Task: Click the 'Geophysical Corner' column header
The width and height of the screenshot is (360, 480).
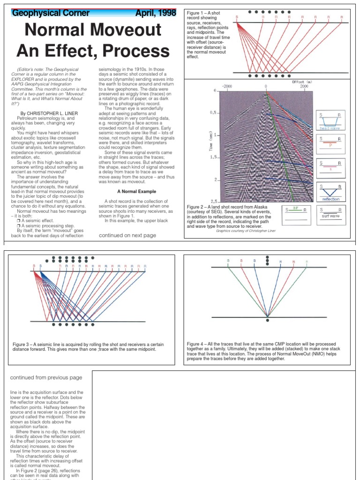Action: click(x=51, y=13)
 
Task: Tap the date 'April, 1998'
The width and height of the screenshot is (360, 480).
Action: click(x=156, y=13)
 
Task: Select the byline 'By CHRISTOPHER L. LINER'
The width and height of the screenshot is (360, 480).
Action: click(x=49, y=113)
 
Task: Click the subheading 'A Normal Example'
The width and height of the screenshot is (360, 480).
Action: click(x=136, y=191)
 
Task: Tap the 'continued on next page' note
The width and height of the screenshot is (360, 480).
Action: click(x=127, y=235)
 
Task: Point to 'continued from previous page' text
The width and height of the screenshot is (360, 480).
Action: click(x=46, y=377)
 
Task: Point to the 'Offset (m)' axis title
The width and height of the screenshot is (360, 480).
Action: click(x=302, y=82)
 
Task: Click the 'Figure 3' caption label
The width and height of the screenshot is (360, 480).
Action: click(x=22, y=345)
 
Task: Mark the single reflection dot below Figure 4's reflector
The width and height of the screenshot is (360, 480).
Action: click(x=267, y=321)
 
